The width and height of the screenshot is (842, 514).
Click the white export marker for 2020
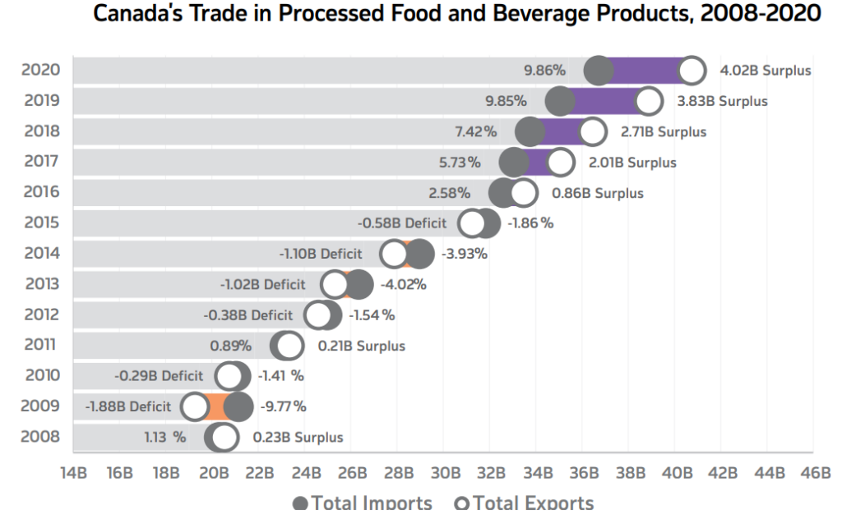coord(692,71)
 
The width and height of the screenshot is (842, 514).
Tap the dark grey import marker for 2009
coord(238,406)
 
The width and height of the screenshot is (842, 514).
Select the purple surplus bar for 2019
coord(604,102)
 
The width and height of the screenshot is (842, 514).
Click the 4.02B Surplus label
coord(766,71)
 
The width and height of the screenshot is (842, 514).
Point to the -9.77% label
coord(283,406)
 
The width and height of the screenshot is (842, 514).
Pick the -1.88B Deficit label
coord(127,406)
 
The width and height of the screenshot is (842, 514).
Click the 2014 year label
coord(41,254)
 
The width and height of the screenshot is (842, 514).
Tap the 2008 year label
coord(41,437)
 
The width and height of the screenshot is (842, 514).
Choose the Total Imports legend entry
coord(363,503)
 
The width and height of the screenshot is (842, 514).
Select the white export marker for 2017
coord(560,163)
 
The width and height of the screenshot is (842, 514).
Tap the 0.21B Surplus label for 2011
coord(362,346)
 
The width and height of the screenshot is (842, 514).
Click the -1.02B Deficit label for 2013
coord(262,285)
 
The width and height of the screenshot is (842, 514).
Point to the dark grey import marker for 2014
coord(419,255)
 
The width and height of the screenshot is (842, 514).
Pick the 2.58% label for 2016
coord(450,194)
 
